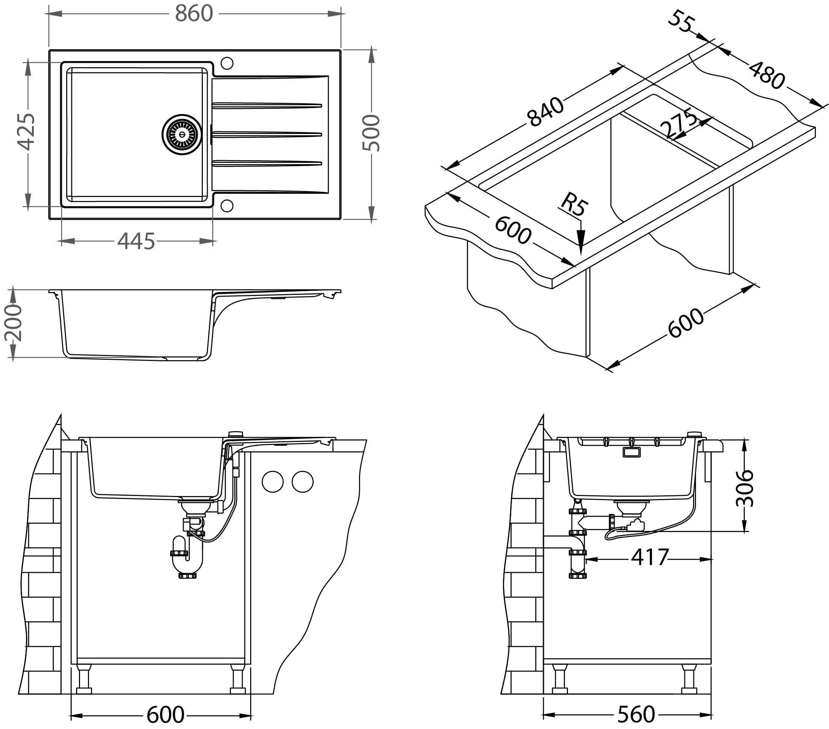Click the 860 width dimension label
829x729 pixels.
click(194, 14)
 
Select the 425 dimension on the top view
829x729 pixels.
click(27, 132)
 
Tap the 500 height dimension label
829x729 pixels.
click(371, 133)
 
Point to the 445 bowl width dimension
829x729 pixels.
click(136, 242)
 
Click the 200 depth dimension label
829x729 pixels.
click(13, 323)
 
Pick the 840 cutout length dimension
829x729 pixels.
click(545, 112)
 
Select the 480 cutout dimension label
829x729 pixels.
click(767, 75)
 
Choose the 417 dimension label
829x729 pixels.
click(649, 558)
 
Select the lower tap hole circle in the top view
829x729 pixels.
click(227, 206)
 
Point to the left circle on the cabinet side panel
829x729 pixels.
click(273, 482)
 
